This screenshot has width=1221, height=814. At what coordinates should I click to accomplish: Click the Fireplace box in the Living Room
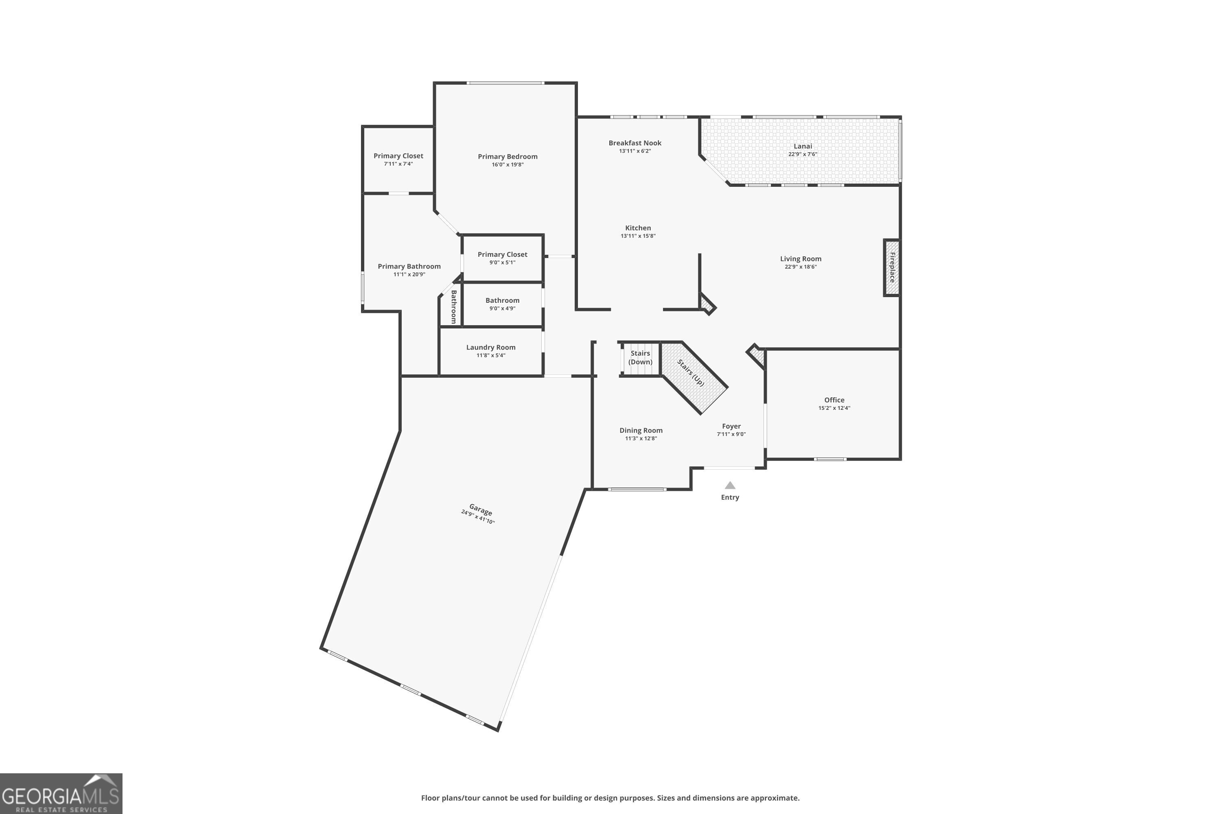(x=891, y=267)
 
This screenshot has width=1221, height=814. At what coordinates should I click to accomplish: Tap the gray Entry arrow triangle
(x=730, y=486)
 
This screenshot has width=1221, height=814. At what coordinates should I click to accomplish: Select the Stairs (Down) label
(x=640, y=358)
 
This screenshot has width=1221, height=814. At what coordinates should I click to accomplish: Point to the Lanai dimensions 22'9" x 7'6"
(x=803, y=154)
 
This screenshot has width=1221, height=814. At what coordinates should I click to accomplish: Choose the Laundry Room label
(x=490, y=347)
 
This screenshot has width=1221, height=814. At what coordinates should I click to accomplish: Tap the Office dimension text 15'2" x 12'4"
(x=834, y=408)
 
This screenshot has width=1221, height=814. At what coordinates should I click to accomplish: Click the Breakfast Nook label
(x=635, y=143)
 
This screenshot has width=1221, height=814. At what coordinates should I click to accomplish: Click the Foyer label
(x=731, y=426)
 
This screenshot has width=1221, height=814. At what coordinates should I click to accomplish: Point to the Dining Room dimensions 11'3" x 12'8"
(x=641, y=439)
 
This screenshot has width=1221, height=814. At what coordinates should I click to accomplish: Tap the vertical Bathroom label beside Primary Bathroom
(x=454, y=306)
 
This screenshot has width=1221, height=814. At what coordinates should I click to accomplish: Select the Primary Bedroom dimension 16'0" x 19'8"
(x=507, y=164)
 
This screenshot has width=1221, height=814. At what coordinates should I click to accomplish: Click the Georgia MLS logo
(x=61, y=793)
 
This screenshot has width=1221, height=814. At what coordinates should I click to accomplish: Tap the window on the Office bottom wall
(x=830, y=459)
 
